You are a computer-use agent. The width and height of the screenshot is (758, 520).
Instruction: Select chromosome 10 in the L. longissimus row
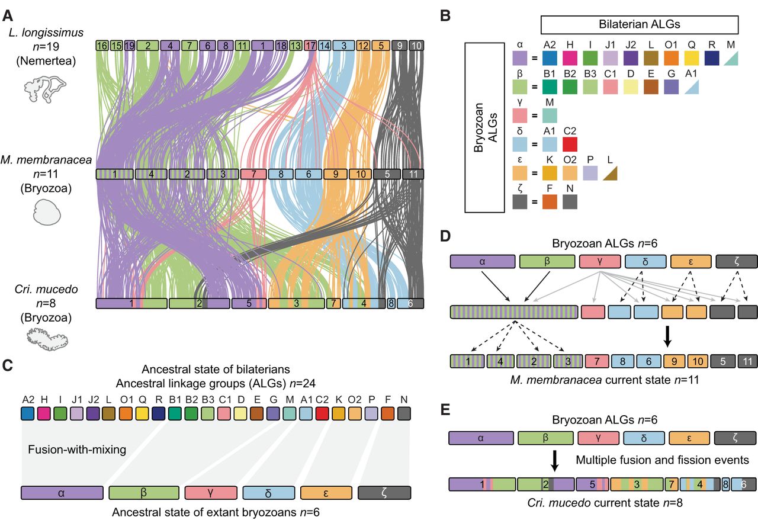(x=416, y=46)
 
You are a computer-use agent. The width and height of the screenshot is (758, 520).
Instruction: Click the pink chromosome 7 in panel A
(x=253, y=175)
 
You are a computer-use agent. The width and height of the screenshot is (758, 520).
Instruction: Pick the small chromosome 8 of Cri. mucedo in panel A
(x=391, y=303)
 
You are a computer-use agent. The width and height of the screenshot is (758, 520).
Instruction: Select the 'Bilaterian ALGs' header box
(x=639, y=25)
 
